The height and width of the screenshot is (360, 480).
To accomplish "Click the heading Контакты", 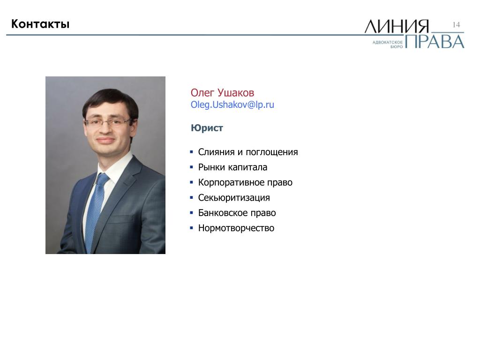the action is click(40, 24).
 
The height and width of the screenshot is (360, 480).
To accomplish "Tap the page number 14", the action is click(456, 25).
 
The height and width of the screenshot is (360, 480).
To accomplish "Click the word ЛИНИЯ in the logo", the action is click(397, 26).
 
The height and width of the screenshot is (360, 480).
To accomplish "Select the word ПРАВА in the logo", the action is click(435, 42).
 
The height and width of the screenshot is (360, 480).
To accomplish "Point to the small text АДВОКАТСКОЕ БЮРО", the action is click(388, 45).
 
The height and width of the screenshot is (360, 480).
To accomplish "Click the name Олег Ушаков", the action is click(222, 93).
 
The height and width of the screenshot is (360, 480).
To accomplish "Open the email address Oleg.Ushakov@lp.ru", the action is click(232, 105).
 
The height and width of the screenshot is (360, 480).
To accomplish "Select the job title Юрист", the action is click(207, 127).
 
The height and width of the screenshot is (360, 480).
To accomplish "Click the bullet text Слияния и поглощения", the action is click(248, 152).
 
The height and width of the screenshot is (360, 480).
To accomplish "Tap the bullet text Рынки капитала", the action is click(232, 167).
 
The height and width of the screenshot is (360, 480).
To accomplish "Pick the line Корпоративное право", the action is click(245, 182).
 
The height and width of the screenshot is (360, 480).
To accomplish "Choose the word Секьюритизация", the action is click(234, 198).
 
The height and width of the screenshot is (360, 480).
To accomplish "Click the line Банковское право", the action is click(237, 213).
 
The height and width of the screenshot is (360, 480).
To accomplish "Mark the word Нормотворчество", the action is click(236, 228).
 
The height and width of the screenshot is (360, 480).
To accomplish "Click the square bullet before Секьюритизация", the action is click(192, 197).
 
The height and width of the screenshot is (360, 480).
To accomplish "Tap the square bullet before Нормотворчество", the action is click(192, 228).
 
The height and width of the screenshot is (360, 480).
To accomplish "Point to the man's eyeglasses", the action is click(108, 123).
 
